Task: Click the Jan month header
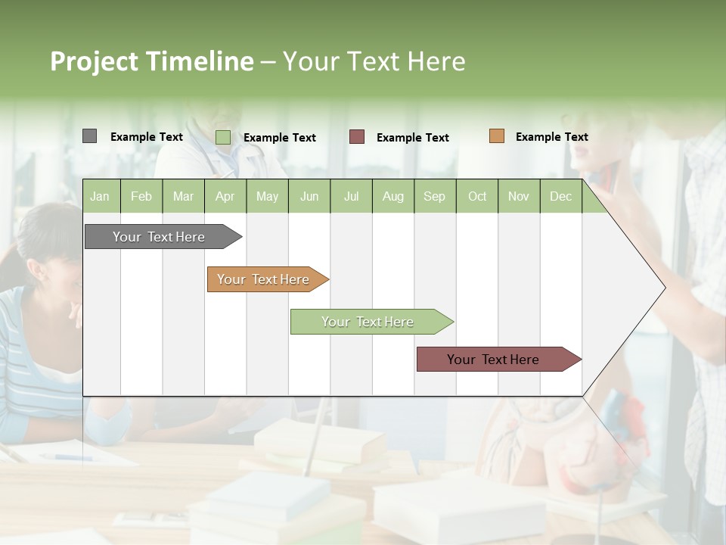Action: [x=100, y=196]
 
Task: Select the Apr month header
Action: [x=225, y=196]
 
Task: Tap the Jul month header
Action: [x=351, y=196]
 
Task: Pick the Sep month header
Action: [x=434, y=196]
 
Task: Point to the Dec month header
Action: [x=560, y=196]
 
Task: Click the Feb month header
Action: [x=141, y=196]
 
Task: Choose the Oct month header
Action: [x=477, y=196]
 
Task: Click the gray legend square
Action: [x=89, y=136]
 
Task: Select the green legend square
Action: [x=222, y=137]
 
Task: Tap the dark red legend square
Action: [x=357, y=137]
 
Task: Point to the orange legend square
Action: [x=496, y=136]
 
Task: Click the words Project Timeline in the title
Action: [x=151, y=61]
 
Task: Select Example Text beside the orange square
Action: [x=551, y=137]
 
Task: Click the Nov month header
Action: [x=519, y=196]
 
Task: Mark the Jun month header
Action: [x=309, y=196]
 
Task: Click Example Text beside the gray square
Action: [x=147, y=137]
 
